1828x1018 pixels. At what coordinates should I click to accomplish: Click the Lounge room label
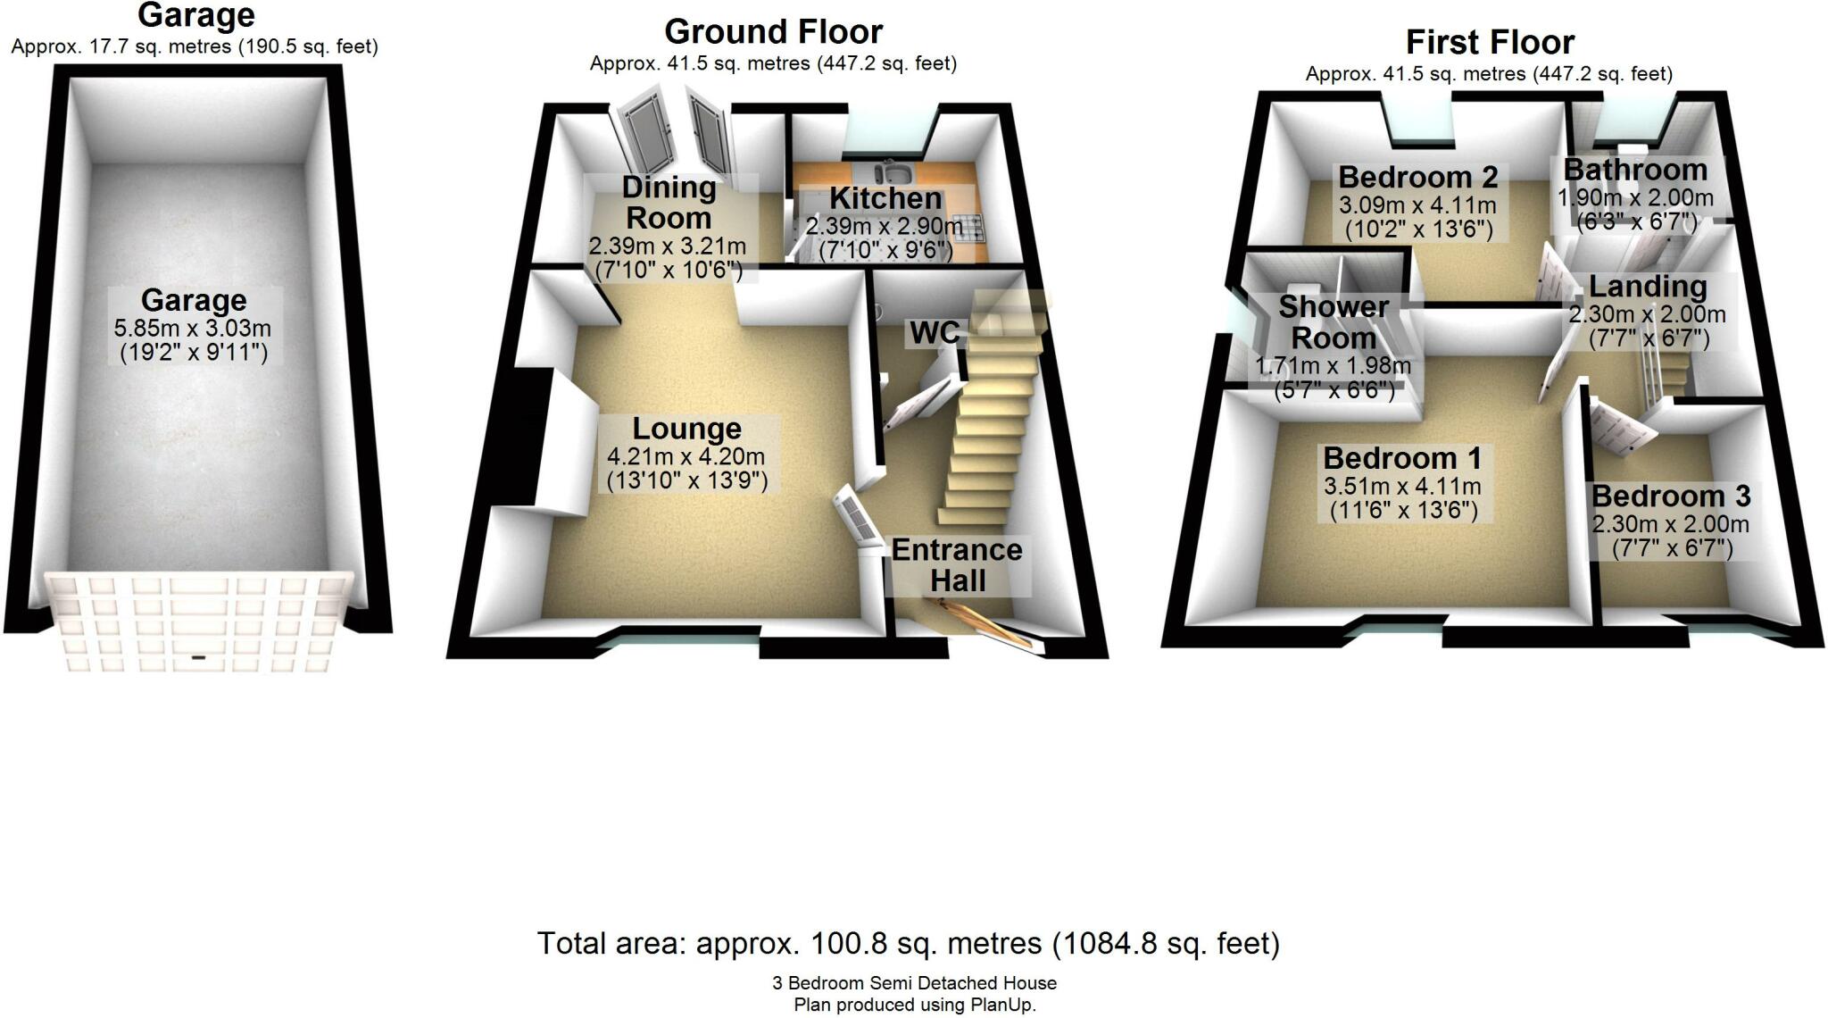point(686,430)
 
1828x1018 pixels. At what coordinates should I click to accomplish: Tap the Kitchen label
point(885,198)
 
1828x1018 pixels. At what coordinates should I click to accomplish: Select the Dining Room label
point(669,203)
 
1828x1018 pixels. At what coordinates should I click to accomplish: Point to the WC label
point(934,333)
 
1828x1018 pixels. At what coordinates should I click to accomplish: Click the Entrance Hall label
point(957,565)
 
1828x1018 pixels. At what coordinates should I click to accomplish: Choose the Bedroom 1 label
point(1401,458)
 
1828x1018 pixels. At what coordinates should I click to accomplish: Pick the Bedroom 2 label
point(1417,177)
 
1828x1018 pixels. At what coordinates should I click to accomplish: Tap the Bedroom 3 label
point(1671,496)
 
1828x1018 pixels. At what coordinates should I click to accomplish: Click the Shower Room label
point(1334,322)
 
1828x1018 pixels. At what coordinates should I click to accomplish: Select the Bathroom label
point(1635,170)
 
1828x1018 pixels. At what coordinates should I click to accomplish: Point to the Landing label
point(1648,287)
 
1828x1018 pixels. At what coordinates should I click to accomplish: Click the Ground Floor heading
point(773,32)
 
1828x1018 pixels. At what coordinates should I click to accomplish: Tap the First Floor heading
point(1490,42)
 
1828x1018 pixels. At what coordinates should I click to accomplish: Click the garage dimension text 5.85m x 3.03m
point(193,329)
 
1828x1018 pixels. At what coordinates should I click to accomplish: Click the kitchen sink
point(892,171)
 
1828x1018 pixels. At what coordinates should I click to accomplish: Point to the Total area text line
point(908,943)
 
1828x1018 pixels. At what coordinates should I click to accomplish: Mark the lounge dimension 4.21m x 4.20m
point(685,457)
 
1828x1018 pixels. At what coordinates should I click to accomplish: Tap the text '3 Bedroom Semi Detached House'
point(914,983)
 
